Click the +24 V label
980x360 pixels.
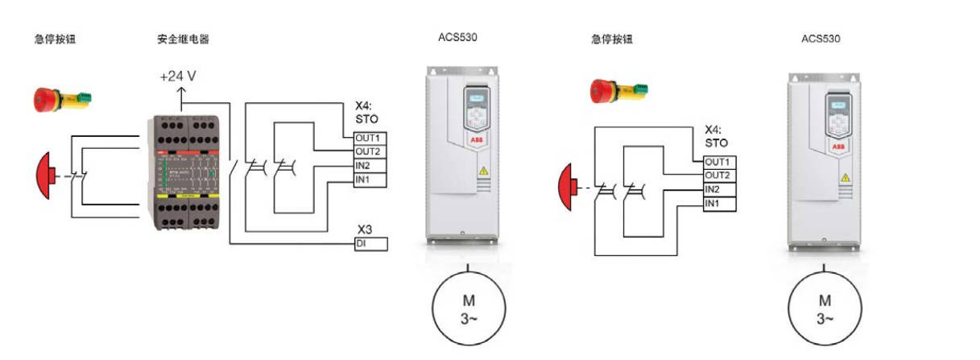click(x=177, y=77)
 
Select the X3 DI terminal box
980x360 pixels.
click(x=371, y=243)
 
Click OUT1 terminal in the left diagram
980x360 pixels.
click(x=371, y=138)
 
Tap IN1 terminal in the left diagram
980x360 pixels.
click(x=371, y=179)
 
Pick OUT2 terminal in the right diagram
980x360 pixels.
click(x=720, y=176)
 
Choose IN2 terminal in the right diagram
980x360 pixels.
click(x=720, y=189)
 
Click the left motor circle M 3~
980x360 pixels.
click(x=468, y=308)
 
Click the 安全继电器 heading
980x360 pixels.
click(x=184, y=39)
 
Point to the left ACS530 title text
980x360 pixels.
click(x=457, y=37)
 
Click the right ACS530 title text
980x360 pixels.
click(x=821, y=39)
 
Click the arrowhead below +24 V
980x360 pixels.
click(x=181, y=94)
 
